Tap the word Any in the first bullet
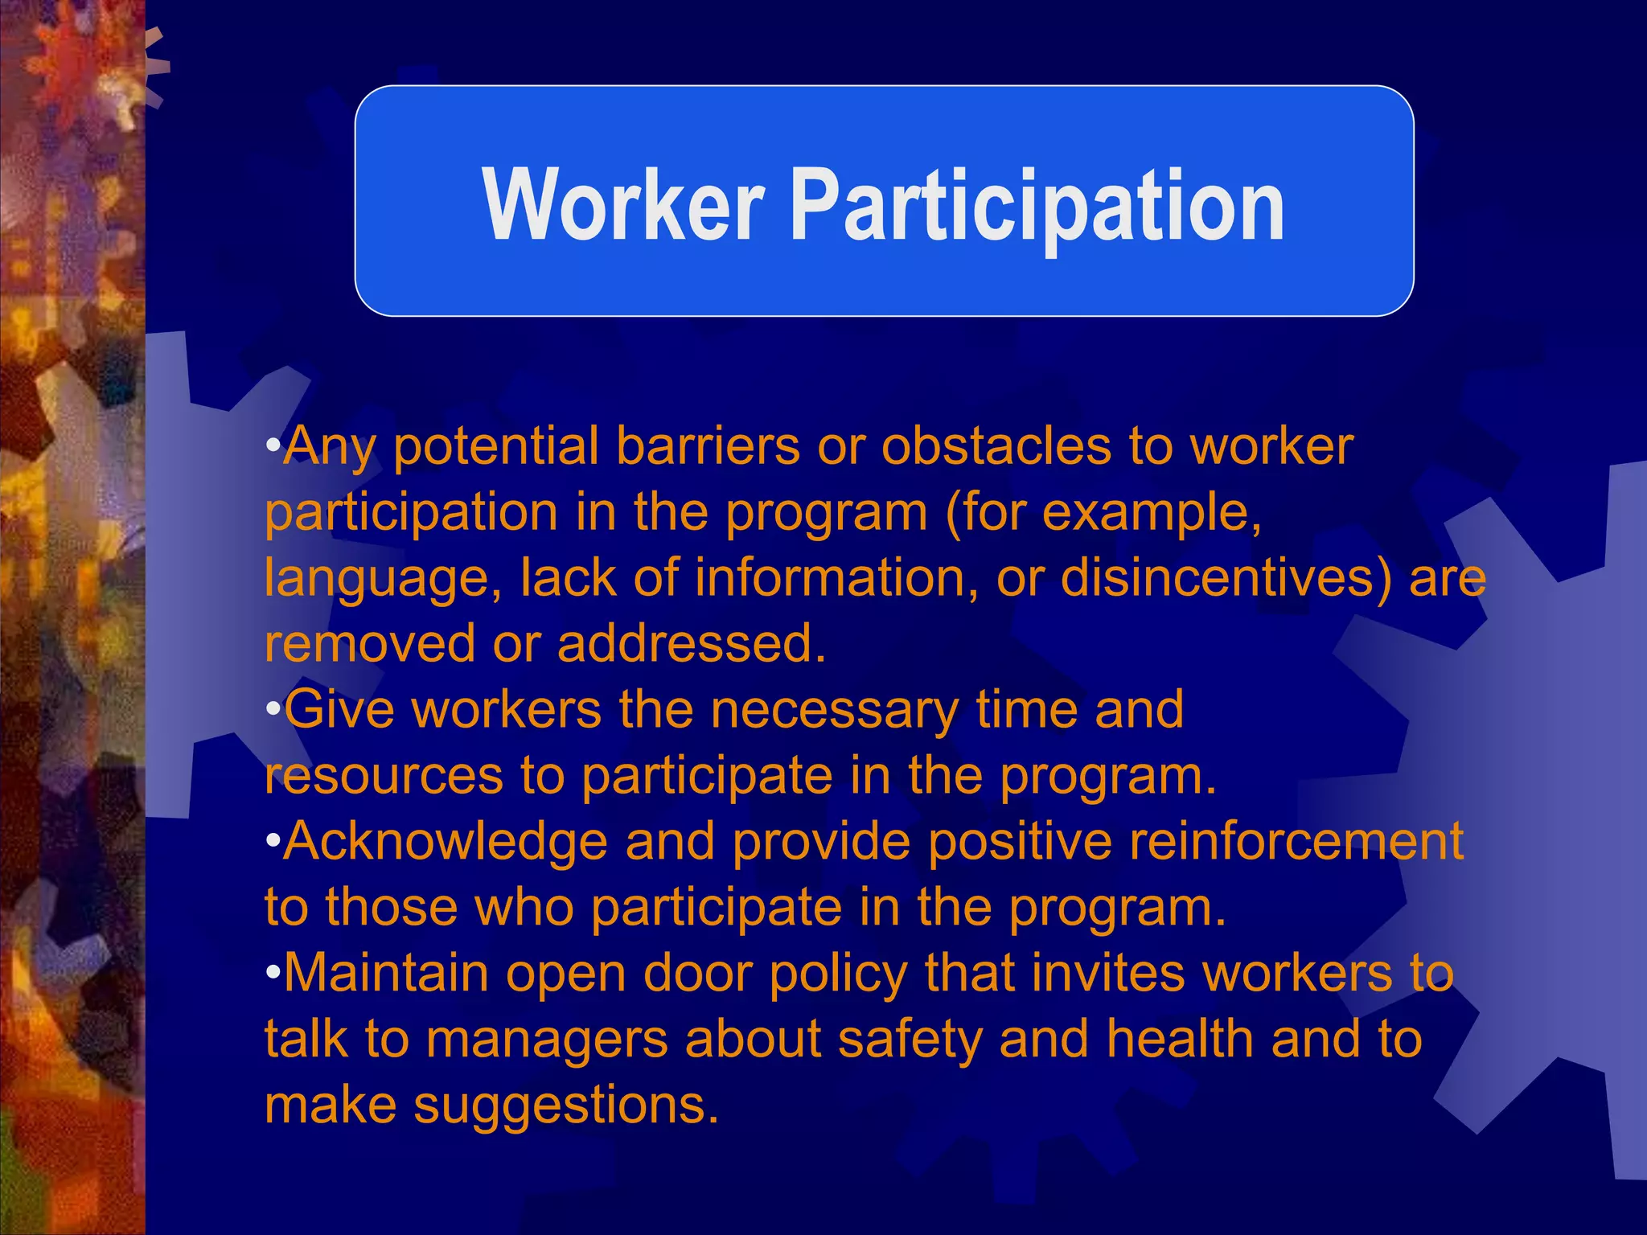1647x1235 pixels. point(329,447)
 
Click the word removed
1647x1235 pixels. point(370,643)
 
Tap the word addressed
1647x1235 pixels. point(692,643)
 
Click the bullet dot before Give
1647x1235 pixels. point(273,709)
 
